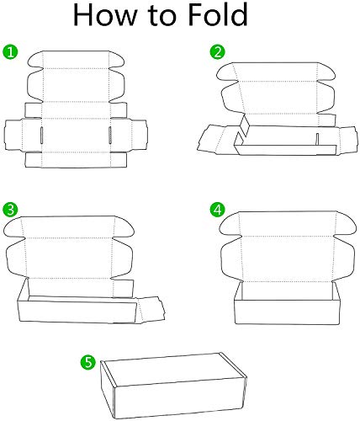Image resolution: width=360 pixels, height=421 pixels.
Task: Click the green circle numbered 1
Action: tap(11, 52)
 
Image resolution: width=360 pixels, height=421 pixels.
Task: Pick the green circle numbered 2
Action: tap(217, 52)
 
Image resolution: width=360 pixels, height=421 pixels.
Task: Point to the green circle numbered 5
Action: tap(87, 361)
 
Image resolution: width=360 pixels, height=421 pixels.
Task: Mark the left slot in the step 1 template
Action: tap(40, 135)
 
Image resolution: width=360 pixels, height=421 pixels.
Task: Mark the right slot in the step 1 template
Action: tap(109, 135)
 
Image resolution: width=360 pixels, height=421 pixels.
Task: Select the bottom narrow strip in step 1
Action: tap(76, 159)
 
